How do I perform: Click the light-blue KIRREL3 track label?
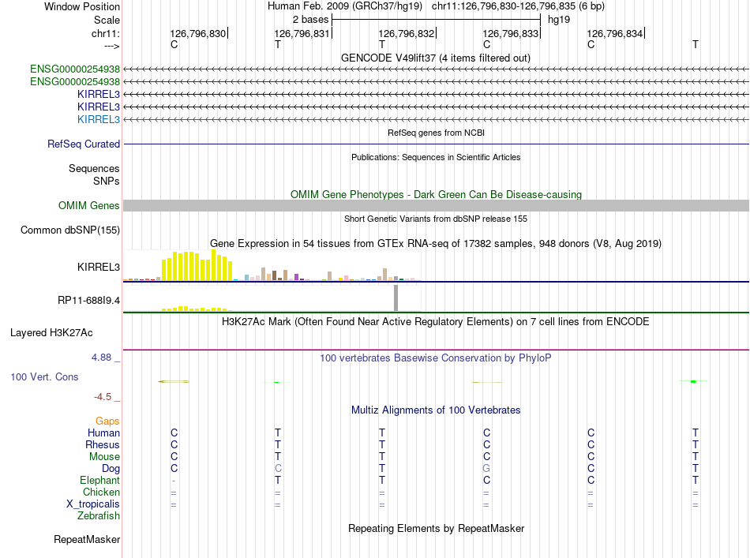[99, 119]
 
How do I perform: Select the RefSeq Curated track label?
[84, 144]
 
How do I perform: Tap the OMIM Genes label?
[89, 206]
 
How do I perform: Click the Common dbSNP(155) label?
[70, 230]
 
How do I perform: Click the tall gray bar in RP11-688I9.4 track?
[396, 298]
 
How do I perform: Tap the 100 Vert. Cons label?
[44, 377]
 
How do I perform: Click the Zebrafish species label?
[99, 516]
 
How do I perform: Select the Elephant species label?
[99, 481]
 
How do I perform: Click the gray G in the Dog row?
[486, 469]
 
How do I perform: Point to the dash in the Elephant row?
[174, 481]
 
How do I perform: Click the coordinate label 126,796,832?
[407, 34]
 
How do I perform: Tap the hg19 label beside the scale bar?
[559, 19]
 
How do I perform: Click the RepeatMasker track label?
[87, 541]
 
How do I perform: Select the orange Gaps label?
[107, 421]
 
